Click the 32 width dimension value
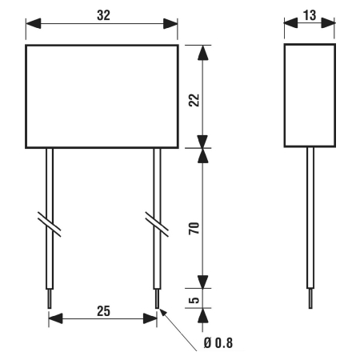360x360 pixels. point(103,15)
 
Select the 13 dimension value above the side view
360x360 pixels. point(310,15)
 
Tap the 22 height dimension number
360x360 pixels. point(194,100)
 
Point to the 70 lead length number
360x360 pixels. point(194,228)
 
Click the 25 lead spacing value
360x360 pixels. point(103,311)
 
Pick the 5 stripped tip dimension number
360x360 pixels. point(194,300)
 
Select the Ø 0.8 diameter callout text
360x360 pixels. point(218,343)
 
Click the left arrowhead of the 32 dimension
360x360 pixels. point(34,23)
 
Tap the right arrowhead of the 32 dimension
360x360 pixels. point(170,23)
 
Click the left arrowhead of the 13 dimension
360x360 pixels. point(290,23)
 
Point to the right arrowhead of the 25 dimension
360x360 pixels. point(150,318)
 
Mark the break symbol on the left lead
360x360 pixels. point(50,224)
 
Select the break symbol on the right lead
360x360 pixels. point(157,224)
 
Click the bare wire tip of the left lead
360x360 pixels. point(50,298)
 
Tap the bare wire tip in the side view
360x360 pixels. point(310,298)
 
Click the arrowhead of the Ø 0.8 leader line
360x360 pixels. point(162,314)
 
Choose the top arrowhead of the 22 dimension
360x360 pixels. point(203,53)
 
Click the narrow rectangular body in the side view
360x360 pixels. point(310,95)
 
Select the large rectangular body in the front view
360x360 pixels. point(102,97)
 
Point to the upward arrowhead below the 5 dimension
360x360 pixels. point(203,316)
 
